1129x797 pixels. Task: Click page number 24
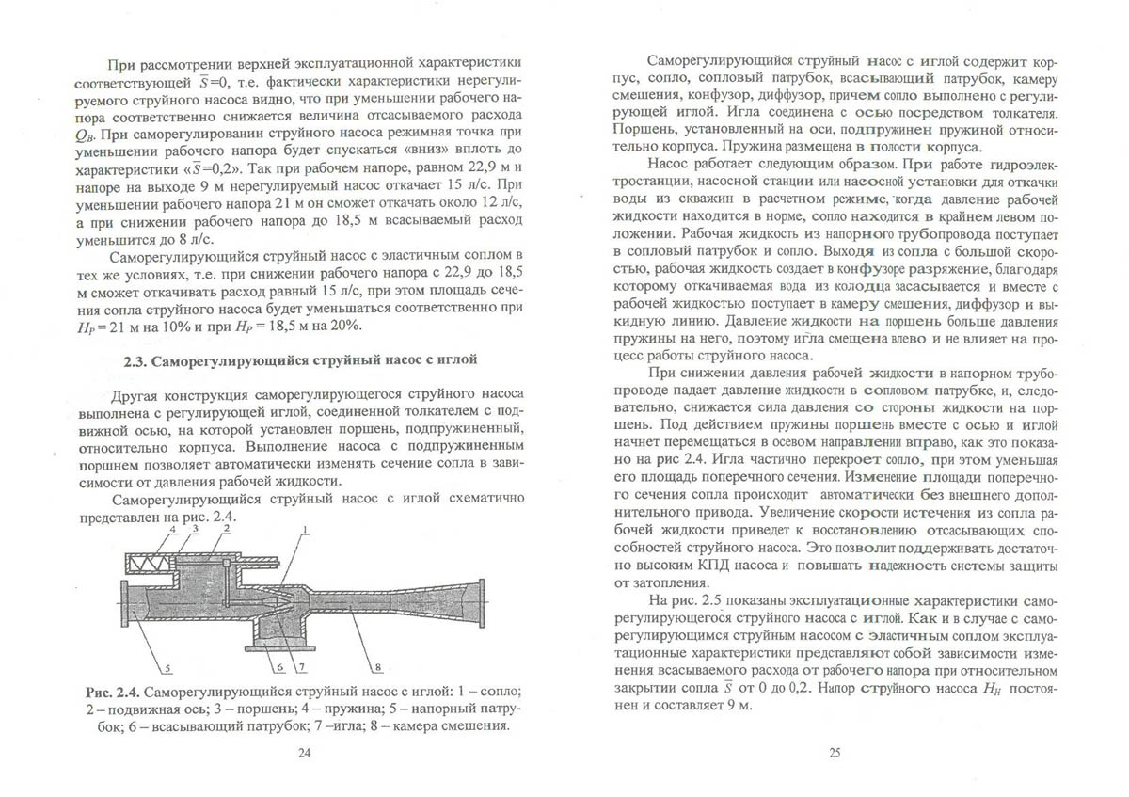pyautogui.click(x=303, y=752)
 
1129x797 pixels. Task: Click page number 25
pyautogui.click(x=833, y=752)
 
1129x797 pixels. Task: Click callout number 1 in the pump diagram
pyautogui.click(x=306, y=532)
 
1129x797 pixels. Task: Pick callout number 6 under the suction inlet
pyautogui.click(x=279, y=667)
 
